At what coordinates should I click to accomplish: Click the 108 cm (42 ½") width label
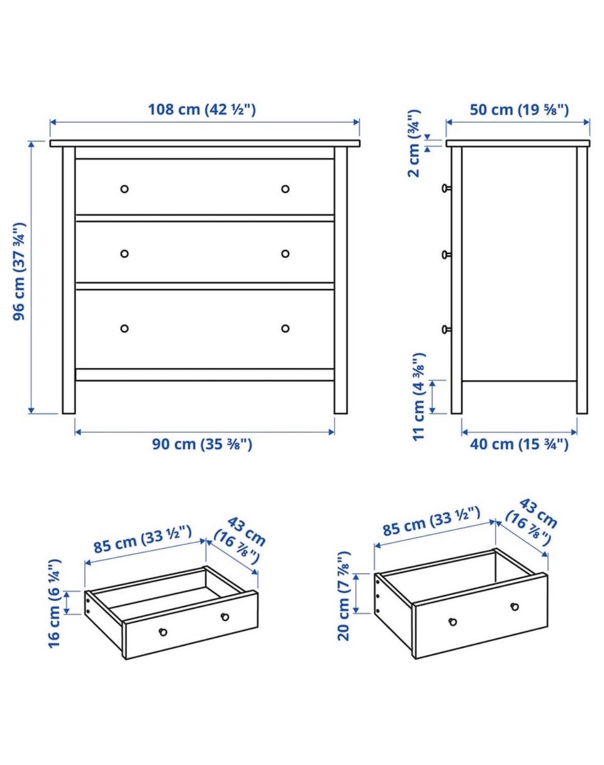coord(201,109)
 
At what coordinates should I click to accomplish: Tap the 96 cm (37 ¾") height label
coord(20,272)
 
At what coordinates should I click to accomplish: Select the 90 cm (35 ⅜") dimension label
coord(202,444)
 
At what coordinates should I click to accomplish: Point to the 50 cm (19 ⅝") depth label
coord(520,110)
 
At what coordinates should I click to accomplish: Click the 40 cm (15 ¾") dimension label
coord(519,444)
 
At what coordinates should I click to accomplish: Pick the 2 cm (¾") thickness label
coord(414,143)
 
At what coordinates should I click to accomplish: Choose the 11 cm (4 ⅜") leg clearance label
coord(419,397)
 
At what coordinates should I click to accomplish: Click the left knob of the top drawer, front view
coord(125,189)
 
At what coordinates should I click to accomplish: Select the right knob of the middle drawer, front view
coord(285,254)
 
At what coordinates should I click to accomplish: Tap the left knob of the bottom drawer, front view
coord(125,328)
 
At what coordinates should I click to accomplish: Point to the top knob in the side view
coord(446,188)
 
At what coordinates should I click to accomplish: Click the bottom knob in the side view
coord(446,330)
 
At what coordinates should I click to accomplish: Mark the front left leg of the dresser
coord(69,280)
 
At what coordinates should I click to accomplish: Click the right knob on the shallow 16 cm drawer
coord(225,617)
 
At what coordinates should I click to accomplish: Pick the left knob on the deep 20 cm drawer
coord(452,622)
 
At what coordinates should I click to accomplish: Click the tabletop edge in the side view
coord(518,143)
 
